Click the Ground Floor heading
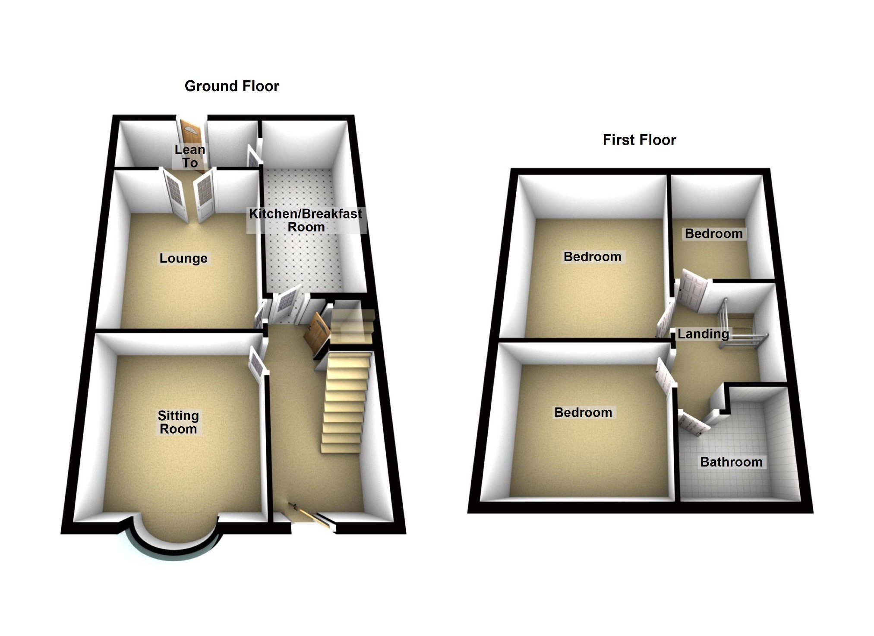pos(232,86)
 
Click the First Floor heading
pos(639,140)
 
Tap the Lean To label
pos(189,156)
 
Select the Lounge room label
pos(183,258)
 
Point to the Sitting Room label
pos(178,422)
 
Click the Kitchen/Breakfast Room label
pos(306,220)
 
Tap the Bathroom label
pos(731,462)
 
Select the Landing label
pos(703,334)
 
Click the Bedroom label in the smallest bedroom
pos(713,234)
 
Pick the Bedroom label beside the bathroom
pos(583,412)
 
